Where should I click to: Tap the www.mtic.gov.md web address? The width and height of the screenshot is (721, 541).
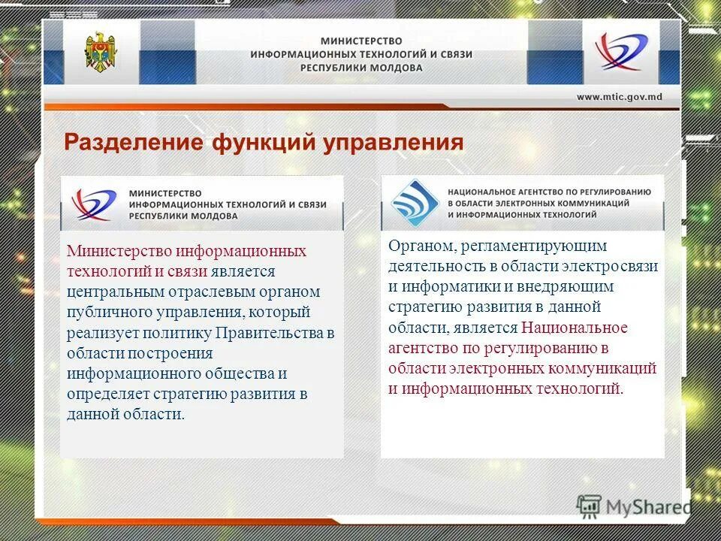[x=619, y=96]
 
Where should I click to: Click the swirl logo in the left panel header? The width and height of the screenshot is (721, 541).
[x=94, y=204]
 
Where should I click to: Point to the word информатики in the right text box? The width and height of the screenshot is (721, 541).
[x=443, y=287]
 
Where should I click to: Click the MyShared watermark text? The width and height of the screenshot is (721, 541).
[x=648, y=507]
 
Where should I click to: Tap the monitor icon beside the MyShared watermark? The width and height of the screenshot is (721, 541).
[x=590, y=507]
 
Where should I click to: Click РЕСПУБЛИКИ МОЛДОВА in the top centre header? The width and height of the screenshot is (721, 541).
[x=361, y=68]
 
